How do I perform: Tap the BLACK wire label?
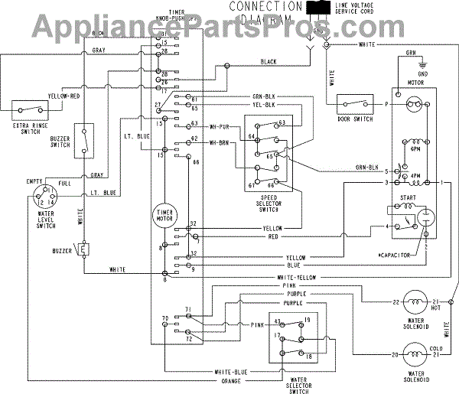(269, 61)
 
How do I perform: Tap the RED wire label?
(272, 237)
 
